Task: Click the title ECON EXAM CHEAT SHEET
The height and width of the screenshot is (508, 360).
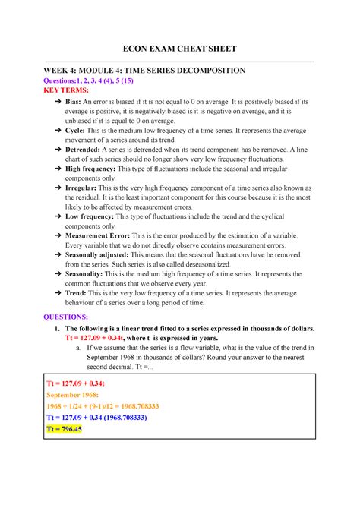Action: pyautogui.click(x=180, y=49)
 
